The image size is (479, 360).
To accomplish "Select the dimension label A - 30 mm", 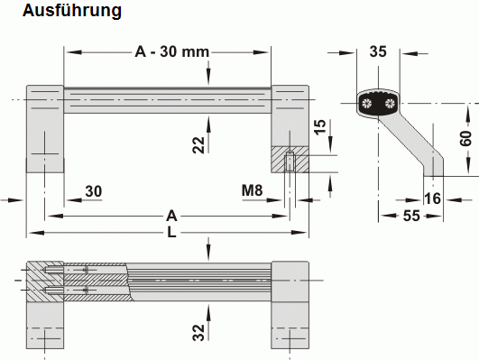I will pyautogui.click(x=171, y=51).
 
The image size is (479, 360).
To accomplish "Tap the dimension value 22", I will pyautogui.click(x=198, y=143).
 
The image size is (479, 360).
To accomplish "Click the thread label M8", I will pyautogui.click(x=253, y=191).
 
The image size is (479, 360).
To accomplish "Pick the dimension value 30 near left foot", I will pyautogui.click(x=94, y=191).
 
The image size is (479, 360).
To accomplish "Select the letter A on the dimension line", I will pyautogui.click(x=170, y=216).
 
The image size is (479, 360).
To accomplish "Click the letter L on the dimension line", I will pyautogui.click(x=170, y=233).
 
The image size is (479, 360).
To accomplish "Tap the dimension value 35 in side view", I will pyautogui.click(x=379, y=51).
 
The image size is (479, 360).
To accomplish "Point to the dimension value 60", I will pyautogui.click(x=465, y=141).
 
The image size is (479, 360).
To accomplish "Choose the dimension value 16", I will pyautogui.click(x=431, y=199).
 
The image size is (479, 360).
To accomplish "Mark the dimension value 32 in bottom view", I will pyautogui.click(x=198, y=331).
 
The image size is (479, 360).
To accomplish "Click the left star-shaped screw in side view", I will pyautogui.click(x=367, y=105).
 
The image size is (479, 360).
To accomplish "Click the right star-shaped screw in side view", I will pyautogui.click(x=390, y=105).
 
